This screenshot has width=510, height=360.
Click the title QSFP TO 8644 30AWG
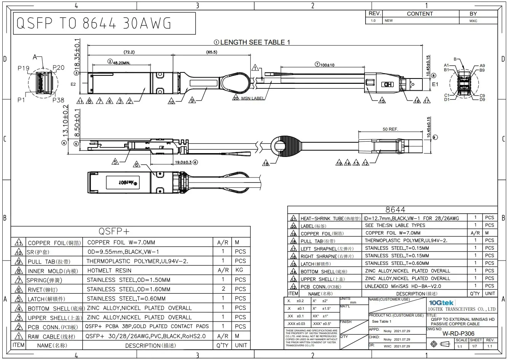[x=94, y=24]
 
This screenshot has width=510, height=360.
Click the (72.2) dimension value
[x=129, y=52]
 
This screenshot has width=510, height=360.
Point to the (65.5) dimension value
[x=212, y=52]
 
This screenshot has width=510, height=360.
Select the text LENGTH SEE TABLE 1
[x=255, y=42]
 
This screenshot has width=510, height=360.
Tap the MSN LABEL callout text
[x=253, y=98]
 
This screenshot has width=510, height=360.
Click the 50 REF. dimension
[x=390, y=129]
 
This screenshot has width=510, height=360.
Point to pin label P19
[x=23, y=68]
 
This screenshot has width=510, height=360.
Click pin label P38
[x=58, y=100]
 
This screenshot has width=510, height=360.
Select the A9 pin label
[x=482, y=66]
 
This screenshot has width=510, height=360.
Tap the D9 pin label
[x=482, y=99]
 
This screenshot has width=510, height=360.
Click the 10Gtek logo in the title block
[x=441, y=302]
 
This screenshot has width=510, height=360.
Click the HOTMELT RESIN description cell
[x=109, y=270]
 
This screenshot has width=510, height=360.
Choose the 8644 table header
[x=395, y=210]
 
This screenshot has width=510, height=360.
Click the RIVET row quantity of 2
[x=223, y=289]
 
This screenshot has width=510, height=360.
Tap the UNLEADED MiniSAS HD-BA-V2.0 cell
[x=403, y=286]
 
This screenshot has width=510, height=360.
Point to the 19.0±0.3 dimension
[x=183, y=162]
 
